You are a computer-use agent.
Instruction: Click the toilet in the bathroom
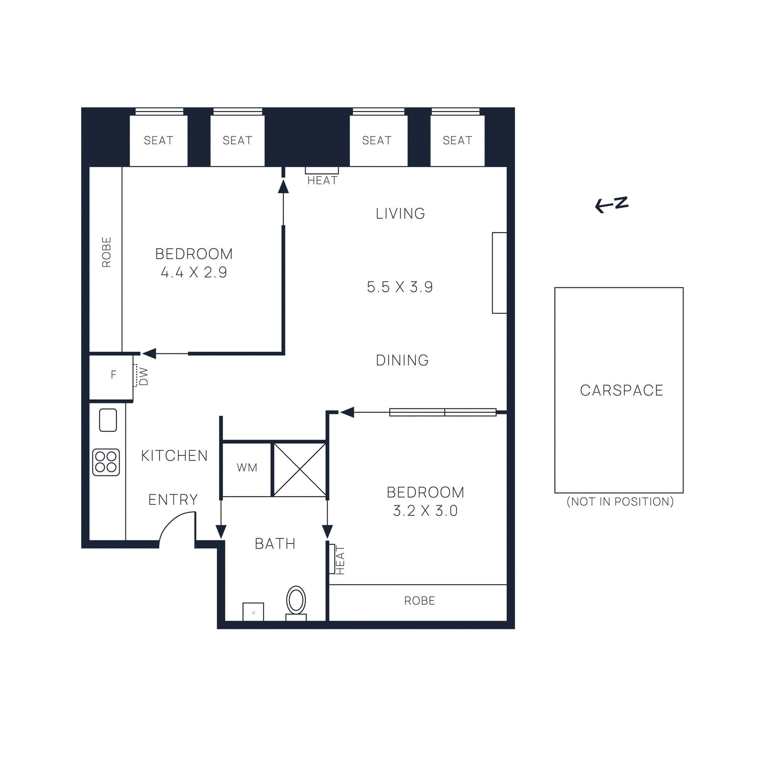coord(296,601)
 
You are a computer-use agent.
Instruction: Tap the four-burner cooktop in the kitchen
coord(106,462)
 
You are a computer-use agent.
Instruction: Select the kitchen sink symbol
coord(108,420)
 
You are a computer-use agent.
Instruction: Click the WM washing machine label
coord(247,468)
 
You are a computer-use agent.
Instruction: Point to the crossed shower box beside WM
coord(300,470)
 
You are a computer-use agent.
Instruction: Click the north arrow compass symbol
coord(612,204)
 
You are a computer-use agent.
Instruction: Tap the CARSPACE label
coord(621,390)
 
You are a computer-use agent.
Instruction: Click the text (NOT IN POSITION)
coord(620,502)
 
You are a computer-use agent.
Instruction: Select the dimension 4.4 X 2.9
coord(194,273)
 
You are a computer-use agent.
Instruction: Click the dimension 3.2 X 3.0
coord(425,511)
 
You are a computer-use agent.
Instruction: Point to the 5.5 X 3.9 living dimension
coord(400,287)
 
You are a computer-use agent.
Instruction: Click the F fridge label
coord(113,375)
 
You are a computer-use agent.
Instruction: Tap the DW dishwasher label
coord(143,376)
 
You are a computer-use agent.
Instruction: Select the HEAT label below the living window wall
coord(322,180)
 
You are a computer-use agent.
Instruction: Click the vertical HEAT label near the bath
coord(340,560)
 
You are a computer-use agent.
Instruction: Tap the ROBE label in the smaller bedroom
coord(419,601)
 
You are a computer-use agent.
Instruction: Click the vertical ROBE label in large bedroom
coord(106,252)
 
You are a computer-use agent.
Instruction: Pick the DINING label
coord(402,360)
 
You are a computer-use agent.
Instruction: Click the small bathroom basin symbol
coord(253,612)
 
